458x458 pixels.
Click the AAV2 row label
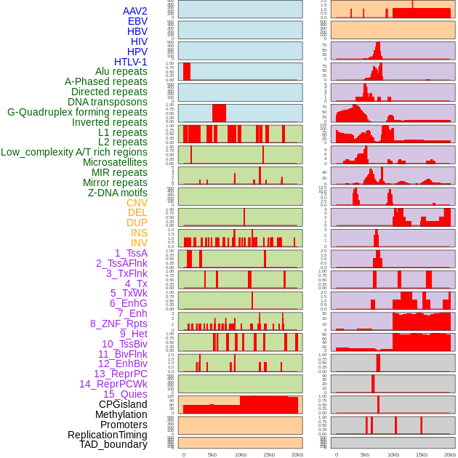click(x=135, y=11)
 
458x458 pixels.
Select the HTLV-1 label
click(x=131, y=62)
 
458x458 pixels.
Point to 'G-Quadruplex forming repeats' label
click(x=77, y=112)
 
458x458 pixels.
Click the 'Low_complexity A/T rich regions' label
click(x=74, y=152)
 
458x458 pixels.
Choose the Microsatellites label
click(x=115, y=162)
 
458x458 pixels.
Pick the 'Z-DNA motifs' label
click(x=118, y=193)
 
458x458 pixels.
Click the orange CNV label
click(x=137, y=203)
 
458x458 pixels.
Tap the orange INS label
click(x=139, y=233)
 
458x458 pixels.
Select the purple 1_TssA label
click(x=131, y=253)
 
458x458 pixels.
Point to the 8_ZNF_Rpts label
click(x=118, y=324)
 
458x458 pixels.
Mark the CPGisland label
click(x=123, y=404)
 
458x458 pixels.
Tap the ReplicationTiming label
click(x=107, y=435)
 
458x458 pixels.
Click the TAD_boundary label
click(x=113, y=444)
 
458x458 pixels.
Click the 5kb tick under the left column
click(x=212, y=454)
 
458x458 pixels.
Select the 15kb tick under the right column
click(x=422, y=454)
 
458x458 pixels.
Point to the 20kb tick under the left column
click(x=297, y=454)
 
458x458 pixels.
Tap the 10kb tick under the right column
click(x=393, y=454)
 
